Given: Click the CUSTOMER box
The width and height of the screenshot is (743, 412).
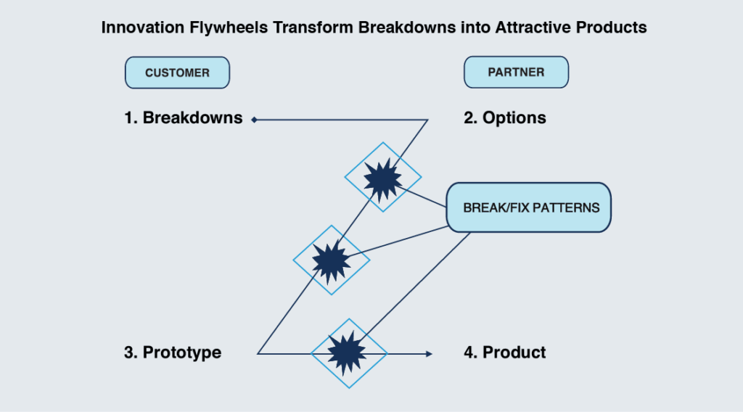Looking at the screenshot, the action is pos(177,73).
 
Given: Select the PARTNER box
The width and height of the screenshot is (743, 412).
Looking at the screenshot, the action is pos(516,72).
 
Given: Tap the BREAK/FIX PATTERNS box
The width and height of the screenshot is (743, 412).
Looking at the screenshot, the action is pos(529,207).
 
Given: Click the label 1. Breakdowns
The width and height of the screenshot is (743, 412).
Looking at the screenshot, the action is pos(184,118).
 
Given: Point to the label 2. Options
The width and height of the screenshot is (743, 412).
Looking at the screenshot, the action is pos(505,118).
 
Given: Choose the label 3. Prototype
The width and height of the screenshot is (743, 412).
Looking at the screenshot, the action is pos(173,353).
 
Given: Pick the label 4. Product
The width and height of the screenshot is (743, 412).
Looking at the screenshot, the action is pos(505,353).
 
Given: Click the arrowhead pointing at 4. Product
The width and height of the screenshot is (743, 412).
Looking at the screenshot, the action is pos(429,354).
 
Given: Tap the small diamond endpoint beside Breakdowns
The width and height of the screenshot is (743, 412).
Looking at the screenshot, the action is pos(255,120).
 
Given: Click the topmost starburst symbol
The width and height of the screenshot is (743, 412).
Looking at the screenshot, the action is pos(383,178).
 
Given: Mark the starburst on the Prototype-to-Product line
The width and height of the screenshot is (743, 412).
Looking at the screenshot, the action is pos(347,353).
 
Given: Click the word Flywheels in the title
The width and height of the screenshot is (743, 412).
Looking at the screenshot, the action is pos(229,28).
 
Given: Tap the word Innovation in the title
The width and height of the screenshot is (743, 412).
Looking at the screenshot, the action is pos(143,28).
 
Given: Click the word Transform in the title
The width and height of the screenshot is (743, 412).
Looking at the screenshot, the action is pos(313,28).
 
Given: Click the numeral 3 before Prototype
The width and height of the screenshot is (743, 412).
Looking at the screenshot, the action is pos(128,353).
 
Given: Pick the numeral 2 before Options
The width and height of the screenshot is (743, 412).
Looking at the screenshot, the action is pos(468,118).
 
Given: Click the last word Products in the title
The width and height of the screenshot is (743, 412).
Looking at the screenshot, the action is pos(611,28).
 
